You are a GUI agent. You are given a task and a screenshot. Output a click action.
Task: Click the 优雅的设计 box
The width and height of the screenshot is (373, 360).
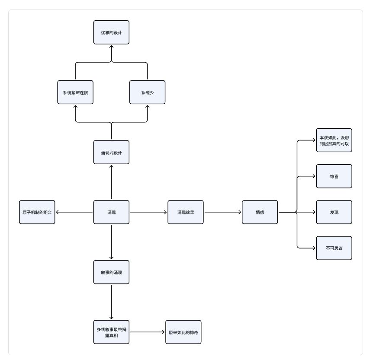(111, 32)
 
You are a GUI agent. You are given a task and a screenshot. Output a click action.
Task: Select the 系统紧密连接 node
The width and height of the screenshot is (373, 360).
(75, 92)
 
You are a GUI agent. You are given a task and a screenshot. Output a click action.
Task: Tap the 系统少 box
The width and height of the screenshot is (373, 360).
(147, 92)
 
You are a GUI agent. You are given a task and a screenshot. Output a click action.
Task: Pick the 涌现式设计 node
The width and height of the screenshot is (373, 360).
(111, 152)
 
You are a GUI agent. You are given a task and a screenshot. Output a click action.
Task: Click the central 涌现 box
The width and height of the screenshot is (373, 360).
(111, 212)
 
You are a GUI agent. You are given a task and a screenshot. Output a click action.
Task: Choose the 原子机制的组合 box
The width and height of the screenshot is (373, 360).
(37, 212)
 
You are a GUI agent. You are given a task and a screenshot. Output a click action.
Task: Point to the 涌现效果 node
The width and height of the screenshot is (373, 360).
(186, 212)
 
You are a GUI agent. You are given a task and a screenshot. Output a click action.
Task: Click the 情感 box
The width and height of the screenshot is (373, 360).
(260, 212)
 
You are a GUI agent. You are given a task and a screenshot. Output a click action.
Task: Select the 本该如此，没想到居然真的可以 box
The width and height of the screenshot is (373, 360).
(334, 140)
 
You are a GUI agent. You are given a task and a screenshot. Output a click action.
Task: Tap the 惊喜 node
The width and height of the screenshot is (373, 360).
(334, 176)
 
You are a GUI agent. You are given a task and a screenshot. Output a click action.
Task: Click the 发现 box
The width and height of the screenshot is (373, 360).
(334, 212)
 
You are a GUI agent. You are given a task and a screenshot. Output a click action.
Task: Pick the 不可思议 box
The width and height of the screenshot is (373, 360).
(334, 248)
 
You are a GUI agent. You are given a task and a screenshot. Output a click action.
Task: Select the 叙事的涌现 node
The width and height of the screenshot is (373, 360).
(111, 272)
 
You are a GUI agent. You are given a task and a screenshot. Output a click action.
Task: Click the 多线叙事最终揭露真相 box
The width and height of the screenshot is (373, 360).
(111, 332)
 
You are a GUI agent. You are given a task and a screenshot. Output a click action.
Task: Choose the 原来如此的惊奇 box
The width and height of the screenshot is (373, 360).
(183, 332)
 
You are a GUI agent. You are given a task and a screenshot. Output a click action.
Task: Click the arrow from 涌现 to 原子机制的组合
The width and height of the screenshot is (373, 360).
(74, 212)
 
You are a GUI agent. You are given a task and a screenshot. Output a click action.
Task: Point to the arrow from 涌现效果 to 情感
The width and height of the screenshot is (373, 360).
(223, 212)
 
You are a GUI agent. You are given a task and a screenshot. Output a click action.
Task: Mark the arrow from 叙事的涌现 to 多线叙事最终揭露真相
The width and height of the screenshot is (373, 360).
(111, 302)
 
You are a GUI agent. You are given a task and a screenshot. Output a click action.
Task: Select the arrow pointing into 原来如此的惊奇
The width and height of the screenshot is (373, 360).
(148, 332)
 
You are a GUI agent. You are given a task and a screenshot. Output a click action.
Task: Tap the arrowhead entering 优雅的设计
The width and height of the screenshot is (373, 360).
(111, 47)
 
